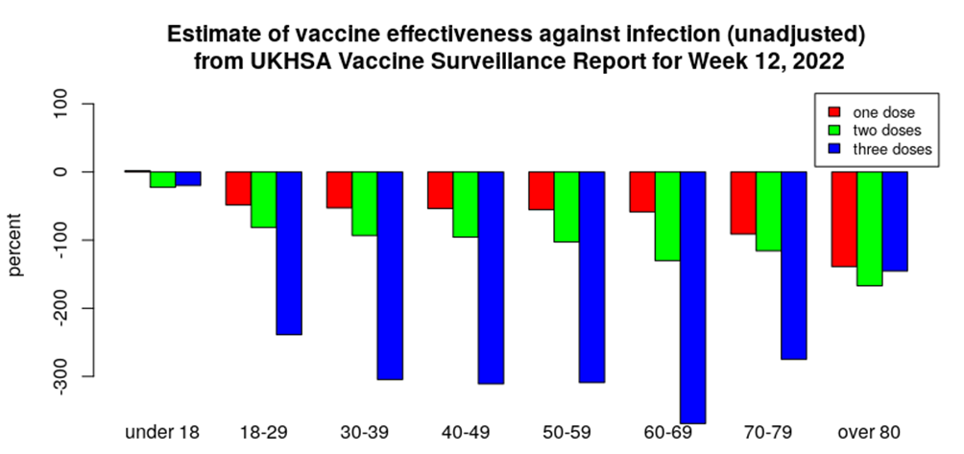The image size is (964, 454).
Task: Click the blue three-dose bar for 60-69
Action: tap(692, 297)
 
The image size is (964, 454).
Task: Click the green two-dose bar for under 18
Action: tap(162, 179)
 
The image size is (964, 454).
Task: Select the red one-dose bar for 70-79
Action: tap(743, 203)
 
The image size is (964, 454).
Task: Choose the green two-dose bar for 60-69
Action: tap(667, 216)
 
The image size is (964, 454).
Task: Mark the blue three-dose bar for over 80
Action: tap(895, 221)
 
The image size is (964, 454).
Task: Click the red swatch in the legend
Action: tap(834, 111)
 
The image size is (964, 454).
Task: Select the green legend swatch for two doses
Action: tap(834, 130)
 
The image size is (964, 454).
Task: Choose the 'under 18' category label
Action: tap(162, 432)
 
